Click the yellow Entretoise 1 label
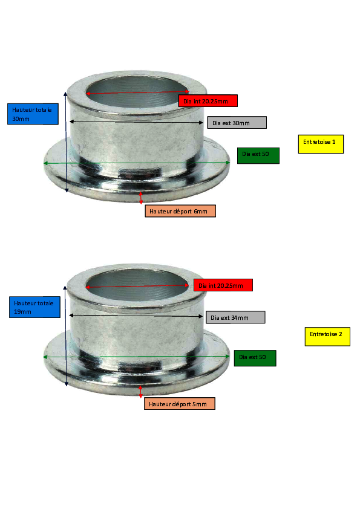coord(321,144)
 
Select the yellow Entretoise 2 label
coord(327,337)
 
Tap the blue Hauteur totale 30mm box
coord(33,114)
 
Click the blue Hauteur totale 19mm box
coord(34,307)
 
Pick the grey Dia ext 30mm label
coord(237,122)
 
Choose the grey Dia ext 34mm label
coord(235,317)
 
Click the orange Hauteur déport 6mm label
coord(180,211)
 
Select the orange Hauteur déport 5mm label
coord(180,403)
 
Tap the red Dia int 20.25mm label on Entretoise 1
coord(208,100)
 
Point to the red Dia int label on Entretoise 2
coord(223,285)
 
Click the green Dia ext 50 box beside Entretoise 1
coord(258,155)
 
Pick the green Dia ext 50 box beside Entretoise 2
coord(255,358)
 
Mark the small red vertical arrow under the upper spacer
coord(141,198)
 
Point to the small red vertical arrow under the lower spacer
coord(140,392)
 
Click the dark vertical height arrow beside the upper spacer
coord(66,142)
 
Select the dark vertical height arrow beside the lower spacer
coord(65,336)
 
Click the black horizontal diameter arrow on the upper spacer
coord(137,122)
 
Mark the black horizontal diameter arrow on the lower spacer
coord(136,316)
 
